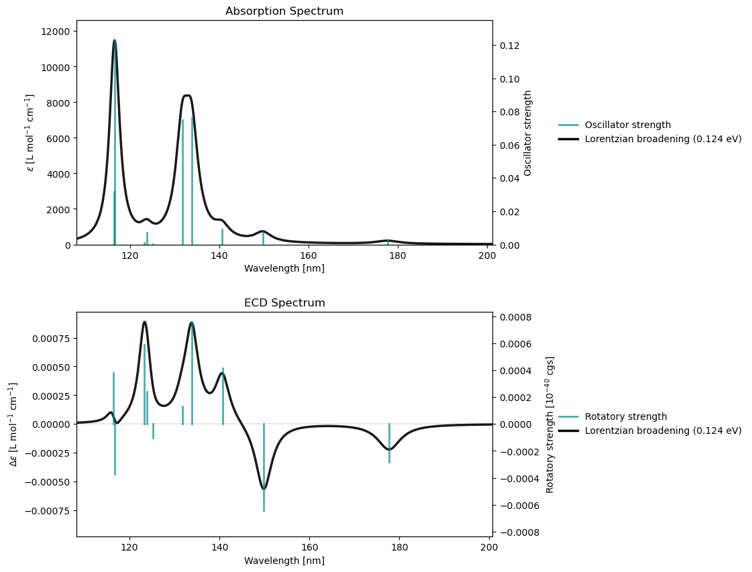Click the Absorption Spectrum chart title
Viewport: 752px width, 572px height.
pyautogui.click(x=284, y=11)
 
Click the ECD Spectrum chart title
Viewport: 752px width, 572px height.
pyautogui.click(x=284, y=303)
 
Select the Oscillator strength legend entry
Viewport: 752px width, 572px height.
pyautogui.click(x=627, y=125)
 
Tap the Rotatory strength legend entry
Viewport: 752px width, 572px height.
pyautogui.click(x=625, y=416)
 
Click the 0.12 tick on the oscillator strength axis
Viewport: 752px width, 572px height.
pyautogui.click(x=508, y=46)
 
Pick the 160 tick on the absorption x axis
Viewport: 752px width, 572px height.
pyautogui.click(x=309, y=255)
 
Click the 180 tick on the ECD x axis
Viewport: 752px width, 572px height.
pyautogui.click(x=400, y=547)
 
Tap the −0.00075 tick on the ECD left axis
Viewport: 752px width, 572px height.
pyautogui.click(x=44, y=510)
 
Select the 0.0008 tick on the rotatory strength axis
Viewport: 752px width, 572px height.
pyautogui.click(x=514, y=317)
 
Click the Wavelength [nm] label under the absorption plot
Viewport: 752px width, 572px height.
pyautogui.click(x=284, y=269)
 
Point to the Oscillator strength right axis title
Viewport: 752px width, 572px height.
pyautogui.click(x=528, y=133)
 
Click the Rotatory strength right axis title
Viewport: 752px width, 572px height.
pyautogui.click(x=550, y=424)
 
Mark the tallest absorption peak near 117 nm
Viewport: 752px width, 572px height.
pyautogui.click(x=115, y=40)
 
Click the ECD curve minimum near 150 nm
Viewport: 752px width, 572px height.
pyautogui.click(x=264, y=489)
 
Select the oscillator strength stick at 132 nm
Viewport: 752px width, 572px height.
pyautogui.click(x=182, y=181)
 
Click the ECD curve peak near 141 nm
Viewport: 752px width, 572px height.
pyautogui.click(x=222, y=374)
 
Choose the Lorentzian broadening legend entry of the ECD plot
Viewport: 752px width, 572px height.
pyautogui.click(x=663, y=431)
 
